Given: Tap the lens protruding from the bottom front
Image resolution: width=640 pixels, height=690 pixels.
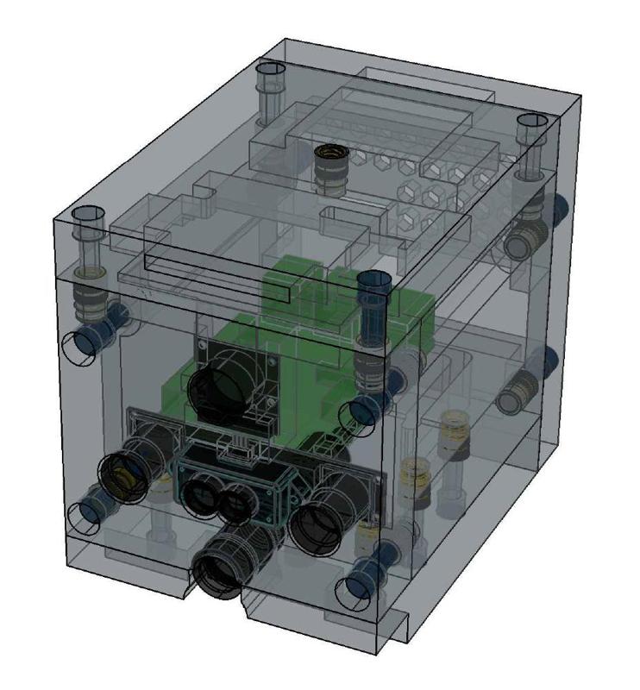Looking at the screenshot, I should click(218, 570).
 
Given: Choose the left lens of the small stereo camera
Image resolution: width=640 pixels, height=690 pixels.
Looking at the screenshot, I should click(201, 495).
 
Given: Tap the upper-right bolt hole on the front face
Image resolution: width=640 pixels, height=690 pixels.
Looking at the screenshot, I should click(361, 414).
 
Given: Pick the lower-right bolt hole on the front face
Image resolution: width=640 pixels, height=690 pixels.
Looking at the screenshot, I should click(355, 588).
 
